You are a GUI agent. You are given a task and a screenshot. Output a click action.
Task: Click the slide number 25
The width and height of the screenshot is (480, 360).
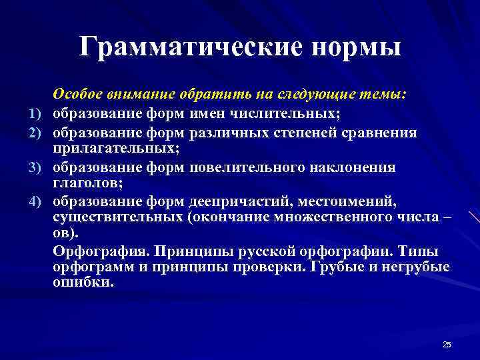[x=447, y=344]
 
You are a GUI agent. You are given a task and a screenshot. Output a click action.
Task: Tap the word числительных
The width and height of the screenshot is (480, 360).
[x=291, y=114]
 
